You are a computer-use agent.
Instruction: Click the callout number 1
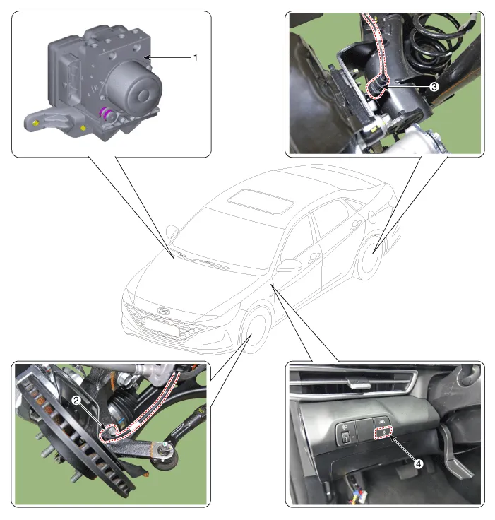(196, 58)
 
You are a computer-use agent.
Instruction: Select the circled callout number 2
(76, 401)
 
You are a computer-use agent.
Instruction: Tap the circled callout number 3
(434, 87)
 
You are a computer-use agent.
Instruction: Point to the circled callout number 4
(419, 463)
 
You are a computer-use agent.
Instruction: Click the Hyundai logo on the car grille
(163, 311)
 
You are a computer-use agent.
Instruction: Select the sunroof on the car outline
(261, 201)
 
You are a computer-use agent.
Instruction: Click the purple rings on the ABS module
(106, 114)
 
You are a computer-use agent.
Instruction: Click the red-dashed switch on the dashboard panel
(383, 432)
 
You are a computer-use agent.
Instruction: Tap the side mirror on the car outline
(289, 266)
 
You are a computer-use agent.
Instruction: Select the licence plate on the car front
(162, 326)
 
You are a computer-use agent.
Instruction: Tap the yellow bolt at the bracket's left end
(36, 124)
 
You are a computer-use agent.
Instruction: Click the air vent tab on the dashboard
(359, 384)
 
